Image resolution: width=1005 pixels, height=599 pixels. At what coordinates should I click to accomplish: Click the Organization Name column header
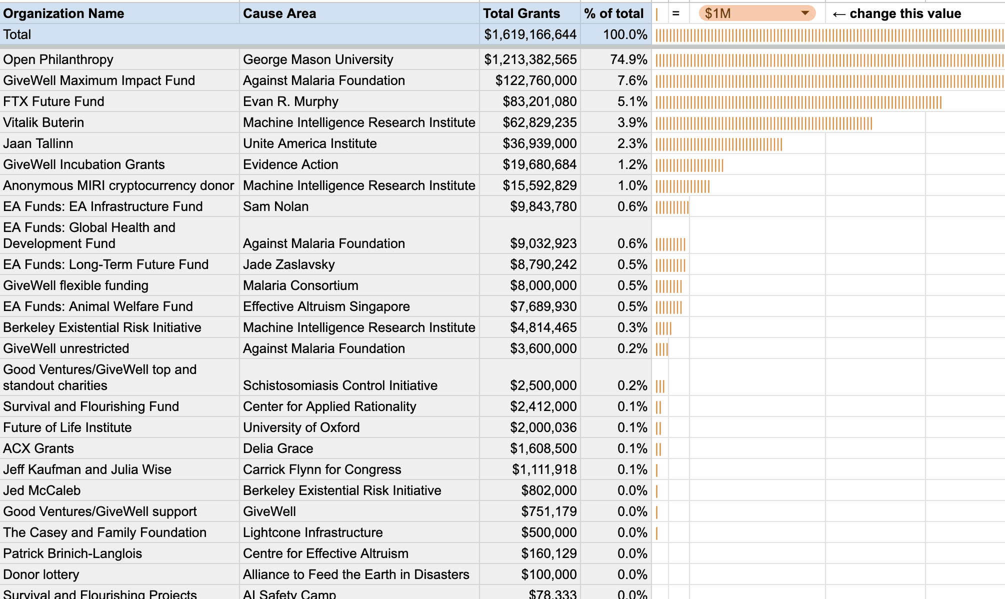pos(63,13)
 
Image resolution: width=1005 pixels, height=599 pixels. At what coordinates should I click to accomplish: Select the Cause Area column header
pos(279,13)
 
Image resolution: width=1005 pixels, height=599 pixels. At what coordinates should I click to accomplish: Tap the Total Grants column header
pos(521,13)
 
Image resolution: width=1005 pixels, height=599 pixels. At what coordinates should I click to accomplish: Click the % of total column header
pos(614,13)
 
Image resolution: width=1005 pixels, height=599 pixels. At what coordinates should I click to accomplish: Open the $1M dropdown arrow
pos(805,13)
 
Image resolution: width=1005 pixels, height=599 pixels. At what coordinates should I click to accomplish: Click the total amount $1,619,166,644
pos(530,34)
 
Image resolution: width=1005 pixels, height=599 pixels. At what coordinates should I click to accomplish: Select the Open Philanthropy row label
pos(58,59)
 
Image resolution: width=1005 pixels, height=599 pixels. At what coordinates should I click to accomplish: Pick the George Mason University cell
pos(318,59)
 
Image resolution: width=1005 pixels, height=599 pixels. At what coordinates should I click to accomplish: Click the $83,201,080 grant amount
pos(539,101)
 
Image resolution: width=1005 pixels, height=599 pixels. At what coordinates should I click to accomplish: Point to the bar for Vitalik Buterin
pos(763,123)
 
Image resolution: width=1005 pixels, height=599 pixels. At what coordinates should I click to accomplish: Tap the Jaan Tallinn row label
pos(38,143)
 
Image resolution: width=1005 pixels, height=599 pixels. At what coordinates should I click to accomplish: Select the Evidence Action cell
pos(290,164)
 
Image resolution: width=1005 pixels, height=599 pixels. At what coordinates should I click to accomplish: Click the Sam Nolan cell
pos(275,206)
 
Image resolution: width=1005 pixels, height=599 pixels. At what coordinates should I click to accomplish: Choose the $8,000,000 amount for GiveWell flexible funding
pos(543,285)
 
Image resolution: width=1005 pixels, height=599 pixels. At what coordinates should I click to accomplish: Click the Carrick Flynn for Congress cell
pos(322,469)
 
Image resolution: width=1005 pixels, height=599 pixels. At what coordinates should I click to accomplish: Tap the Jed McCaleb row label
pos(41,490)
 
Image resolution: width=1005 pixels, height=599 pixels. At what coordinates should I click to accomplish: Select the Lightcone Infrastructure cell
pos(312,532)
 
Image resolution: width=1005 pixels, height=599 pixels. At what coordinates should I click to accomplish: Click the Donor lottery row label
pos(41,574)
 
